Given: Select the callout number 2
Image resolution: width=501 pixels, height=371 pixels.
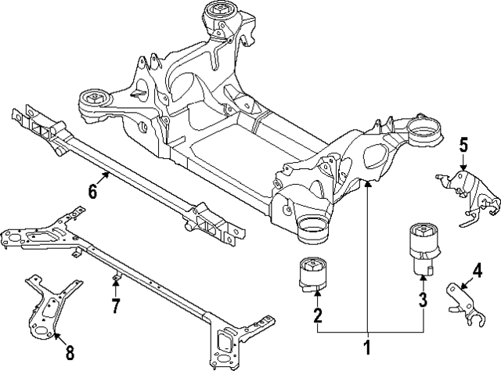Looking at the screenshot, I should point(317,315).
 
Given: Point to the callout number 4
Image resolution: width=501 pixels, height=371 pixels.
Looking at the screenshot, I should point(476,272).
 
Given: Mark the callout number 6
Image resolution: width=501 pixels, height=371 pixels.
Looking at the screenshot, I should point(92,190).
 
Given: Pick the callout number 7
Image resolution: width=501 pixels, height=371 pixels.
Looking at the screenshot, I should point(115,305).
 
